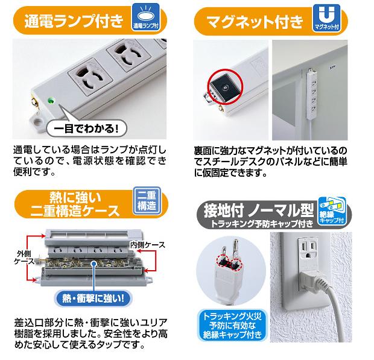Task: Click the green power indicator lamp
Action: pos(50,100)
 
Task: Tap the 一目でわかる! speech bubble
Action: pos(86,129)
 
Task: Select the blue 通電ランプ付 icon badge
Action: pos(146,17)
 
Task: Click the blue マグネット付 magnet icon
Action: pos(327,18)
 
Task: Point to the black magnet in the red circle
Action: pos(223,88)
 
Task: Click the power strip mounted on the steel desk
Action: pos(312,94)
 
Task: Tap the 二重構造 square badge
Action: pos(147,201)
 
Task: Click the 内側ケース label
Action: pos(147,245)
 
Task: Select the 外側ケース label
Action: pos(24,257)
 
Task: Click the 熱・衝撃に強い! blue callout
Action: pos(93,298)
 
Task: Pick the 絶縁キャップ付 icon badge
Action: pos(332,211)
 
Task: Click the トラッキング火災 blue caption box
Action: pos(232,325)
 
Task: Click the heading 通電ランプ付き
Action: pos(74,21)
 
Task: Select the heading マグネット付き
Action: pos(255,22)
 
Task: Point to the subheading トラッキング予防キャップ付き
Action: pos(262,223)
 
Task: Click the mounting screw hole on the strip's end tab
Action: pos(37,122)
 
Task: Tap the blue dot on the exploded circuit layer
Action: pos(94,264)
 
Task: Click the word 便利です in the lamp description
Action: pos(32,172)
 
